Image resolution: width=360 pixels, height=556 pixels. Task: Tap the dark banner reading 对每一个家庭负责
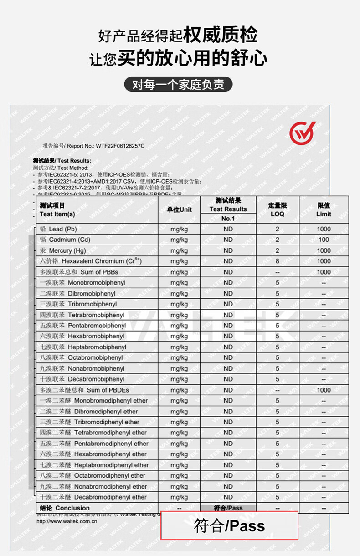point(178,85)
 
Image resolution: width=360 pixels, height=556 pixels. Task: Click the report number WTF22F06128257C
point(120,146)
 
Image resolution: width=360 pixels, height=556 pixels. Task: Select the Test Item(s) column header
point(57,210)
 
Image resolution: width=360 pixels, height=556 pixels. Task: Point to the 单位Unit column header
point(179,209)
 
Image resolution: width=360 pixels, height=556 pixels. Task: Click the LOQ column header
point(277,210)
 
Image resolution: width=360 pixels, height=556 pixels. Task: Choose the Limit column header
point(324,210)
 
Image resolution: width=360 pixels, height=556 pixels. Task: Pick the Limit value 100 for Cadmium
point(324,240)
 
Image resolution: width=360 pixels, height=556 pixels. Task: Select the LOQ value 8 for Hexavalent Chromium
point(277,261)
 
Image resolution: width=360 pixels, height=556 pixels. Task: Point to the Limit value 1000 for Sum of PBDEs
point(324,390)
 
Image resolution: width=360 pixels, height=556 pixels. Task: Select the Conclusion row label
point(65,508)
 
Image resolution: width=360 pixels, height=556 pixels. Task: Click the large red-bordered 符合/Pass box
point(230,526)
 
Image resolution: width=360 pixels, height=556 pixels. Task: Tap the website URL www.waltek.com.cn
point(67,522)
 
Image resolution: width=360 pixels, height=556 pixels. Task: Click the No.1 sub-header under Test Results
point(228,219)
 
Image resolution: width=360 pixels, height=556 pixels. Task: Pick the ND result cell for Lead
point(228,229)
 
